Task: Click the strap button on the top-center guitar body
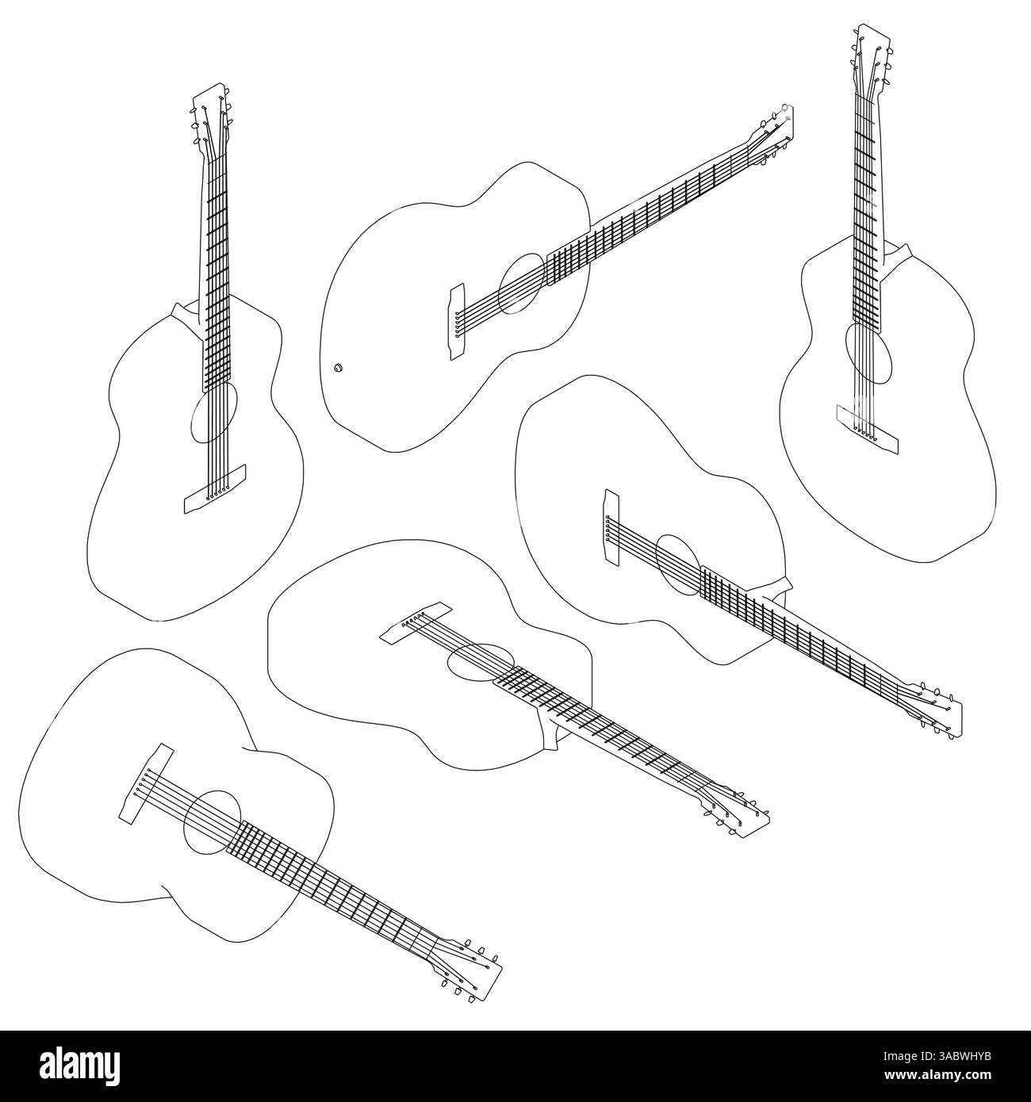[x=337, y=367]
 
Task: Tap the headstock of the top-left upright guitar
[x=209, y=115]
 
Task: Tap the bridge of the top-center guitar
[x=457, y=323]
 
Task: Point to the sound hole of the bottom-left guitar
[x=212, y=821]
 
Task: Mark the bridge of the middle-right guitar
[x=611, y=527]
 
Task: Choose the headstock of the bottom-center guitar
[x=738, y=808]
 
